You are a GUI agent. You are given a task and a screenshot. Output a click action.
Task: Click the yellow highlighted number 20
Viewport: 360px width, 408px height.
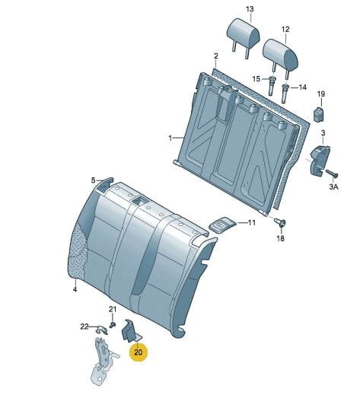(x=138, y=352)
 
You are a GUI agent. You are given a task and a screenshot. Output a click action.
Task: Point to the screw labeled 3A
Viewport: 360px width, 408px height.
(x=331, y=173)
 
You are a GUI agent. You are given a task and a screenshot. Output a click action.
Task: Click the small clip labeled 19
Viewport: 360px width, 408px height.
(x=318, y=113)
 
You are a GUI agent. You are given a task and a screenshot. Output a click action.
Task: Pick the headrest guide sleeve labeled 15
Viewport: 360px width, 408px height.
(x=272, y=86)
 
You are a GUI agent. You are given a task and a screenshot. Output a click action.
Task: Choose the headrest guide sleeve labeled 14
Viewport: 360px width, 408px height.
(x=285, y=94)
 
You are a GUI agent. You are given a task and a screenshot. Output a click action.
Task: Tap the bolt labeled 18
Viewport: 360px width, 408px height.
(x=281, y=223)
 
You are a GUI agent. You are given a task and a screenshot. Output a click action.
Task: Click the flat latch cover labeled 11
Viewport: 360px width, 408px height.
(x=223, y=225)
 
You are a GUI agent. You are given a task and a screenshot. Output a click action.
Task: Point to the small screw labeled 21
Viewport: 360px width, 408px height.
(x=113, y=325)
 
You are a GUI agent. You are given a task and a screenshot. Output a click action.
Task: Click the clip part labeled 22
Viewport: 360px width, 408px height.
(x=101, y=330)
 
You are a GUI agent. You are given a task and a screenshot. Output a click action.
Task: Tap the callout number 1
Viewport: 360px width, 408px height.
(x=170, y=138)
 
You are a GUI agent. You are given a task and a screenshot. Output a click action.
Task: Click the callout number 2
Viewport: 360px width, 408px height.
(x=216, y=56)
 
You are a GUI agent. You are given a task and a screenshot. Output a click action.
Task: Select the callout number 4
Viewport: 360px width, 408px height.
(x=75, y=289)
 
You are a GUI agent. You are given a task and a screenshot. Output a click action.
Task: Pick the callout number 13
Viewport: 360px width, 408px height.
(x=250, y=9)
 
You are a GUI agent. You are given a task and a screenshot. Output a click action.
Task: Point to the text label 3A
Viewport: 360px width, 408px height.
(x=333, y=186)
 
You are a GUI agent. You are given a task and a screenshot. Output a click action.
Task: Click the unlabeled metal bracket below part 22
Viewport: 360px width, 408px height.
(x=104, y=361)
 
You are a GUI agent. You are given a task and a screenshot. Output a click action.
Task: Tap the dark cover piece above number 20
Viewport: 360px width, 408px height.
(x=130, y=331)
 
